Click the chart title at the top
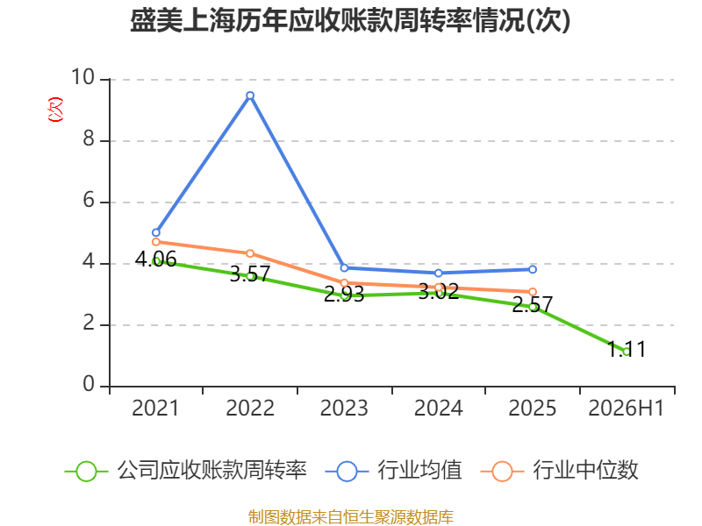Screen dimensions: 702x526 point(350,20)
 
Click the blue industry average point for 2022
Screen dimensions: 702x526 point(250,96)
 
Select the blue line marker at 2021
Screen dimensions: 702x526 point(156,232)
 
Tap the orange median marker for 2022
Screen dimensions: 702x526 point(250,253)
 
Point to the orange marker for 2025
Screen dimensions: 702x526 point(533,292)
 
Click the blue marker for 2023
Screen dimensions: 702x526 point(344,268)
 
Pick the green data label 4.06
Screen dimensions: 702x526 point(156,259)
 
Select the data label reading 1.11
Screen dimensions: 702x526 point(627,349)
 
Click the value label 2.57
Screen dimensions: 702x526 point(533,304)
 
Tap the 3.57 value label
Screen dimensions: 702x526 point(250,274)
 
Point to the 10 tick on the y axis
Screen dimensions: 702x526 point(82,77)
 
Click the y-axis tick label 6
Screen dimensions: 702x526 point(89,200)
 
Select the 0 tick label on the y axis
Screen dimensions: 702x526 point(89,384)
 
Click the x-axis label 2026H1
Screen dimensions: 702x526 point(626,408)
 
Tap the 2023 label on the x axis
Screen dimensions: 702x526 point(344,408)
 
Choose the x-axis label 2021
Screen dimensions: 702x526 point(155,408)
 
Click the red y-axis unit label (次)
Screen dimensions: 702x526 point(55,110)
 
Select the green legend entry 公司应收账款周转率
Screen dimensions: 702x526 point(186,471)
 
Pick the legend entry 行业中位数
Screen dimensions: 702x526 point(560,471)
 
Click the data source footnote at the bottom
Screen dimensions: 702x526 point(351,516)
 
